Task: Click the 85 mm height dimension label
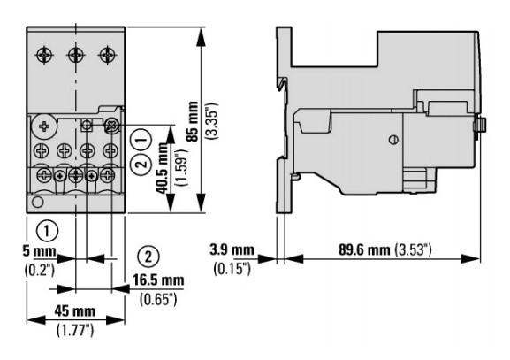[194, 121]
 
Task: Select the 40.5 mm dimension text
[163, 169]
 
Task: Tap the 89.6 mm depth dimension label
[364, 249]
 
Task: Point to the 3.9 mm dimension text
[232, 250]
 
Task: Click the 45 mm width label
[75, 310]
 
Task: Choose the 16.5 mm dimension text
[158, 280]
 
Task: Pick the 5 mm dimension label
[40, 251]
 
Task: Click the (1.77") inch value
[75, 331]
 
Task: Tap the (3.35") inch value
[213, 121]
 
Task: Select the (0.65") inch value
[158, 299]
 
